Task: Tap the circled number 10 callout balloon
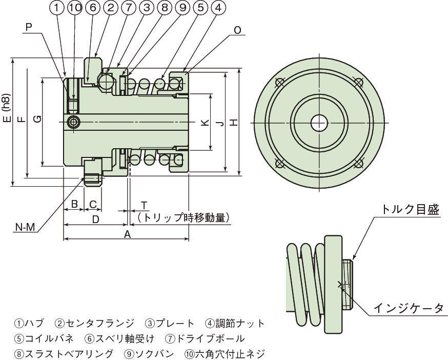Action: (x=75, y=8)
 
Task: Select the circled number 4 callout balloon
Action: (x=218, y=8)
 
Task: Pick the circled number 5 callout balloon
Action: (x=200, y=8)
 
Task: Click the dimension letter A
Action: (x=127, y=234)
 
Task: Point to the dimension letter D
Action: (x=95, y=219)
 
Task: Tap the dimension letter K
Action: (x=204, y=123)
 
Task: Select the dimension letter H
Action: (x=233, y=123)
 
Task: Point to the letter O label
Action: (x=237, y=30)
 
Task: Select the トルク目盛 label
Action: (x=410, y=209)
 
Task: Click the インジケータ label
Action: (x=408, y=308)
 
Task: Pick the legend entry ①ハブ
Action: (x=29, y=324)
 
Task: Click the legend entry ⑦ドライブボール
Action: (x=205, y=338)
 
